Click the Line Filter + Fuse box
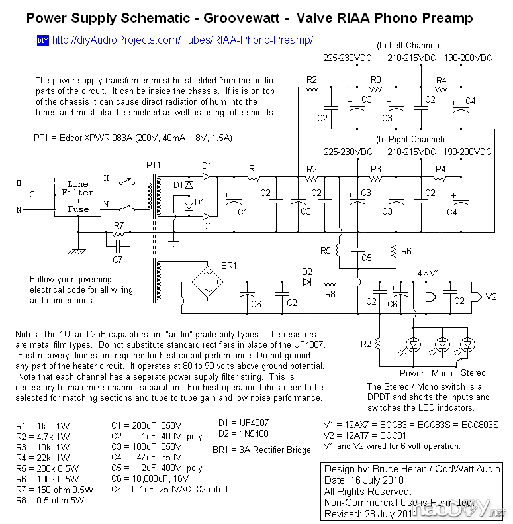pyautogui.click(x=77, y=196)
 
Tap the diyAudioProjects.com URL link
pyautogui.click(x=182, y=40)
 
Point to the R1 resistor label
pyautogui.click(x=254, y=168)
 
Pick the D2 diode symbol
pyautogui.click(x=307, y=282)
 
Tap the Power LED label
pyautogui.click(x=412, y=373)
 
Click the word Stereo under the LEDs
pyautogui.click(x=473, y=373)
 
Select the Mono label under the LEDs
pyautogui.click(x=443, y=373)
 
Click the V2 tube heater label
pyautogui.click(x=491, y=297)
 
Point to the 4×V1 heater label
pyautogui.click(x=428, y=274)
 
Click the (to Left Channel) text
pyautogui.click(x=408, y=46)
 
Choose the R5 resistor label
pyautogui.click(x=325, y=251)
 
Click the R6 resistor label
pyautogui.click(x=406, y=251)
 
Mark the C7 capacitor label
pyautogui.click(x=118, y=260)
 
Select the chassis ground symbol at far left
pyautogui.click(x=78, y=250)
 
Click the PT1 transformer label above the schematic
pyautogui.click(x=153, y=164)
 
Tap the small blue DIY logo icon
pyautogui.click(x=43, y=40)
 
